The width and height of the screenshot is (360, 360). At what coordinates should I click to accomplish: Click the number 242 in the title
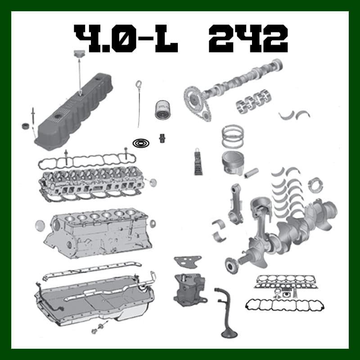(x=248, y=38)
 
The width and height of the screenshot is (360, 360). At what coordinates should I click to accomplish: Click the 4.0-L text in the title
(x=126, y=38)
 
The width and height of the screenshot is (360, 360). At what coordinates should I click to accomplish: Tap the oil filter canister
(x=162, y=110)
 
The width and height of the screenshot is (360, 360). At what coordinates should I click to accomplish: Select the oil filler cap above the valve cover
(x=79, y=53)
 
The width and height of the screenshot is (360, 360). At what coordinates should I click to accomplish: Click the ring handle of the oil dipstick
(x=139, y=84)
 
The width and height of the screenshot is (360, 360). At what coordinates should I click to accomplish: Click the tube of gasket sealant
(x=198, y=162)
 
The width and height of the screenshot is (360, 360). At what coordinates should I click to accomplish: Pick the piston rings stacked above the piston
(x=233, y=136)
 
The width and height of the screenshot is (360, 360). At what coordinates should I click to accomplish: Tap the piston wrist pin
(x=251, y=173)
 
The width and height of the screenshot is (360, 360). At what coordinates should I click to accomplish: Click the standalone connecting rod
(x=235, y=203)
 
